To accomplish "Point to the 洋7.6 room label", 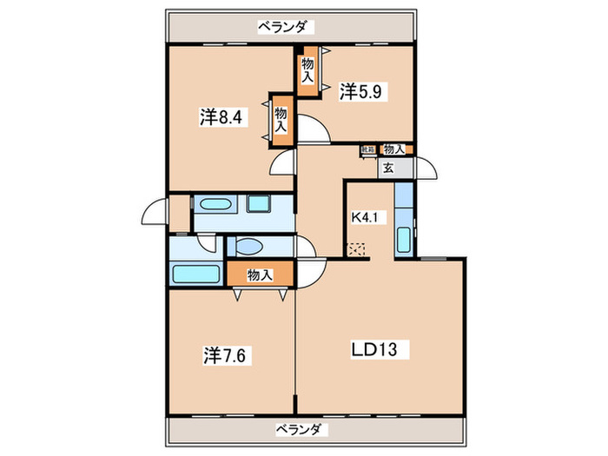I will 228,354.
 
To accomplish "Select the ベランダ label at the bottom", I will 301,429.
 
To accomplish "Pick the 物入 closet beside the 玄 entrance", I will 393,149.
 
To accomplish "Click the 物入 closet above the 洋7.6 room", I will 260,275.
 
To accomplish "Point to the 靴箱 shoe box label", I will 368,149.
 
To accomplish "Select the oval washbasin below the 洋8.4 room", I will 212,206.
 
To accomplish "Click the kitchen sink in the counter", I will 404,237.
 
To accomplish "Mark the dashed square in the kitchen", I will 358,250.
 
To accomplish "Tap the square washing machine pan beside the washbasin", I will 260,206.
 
